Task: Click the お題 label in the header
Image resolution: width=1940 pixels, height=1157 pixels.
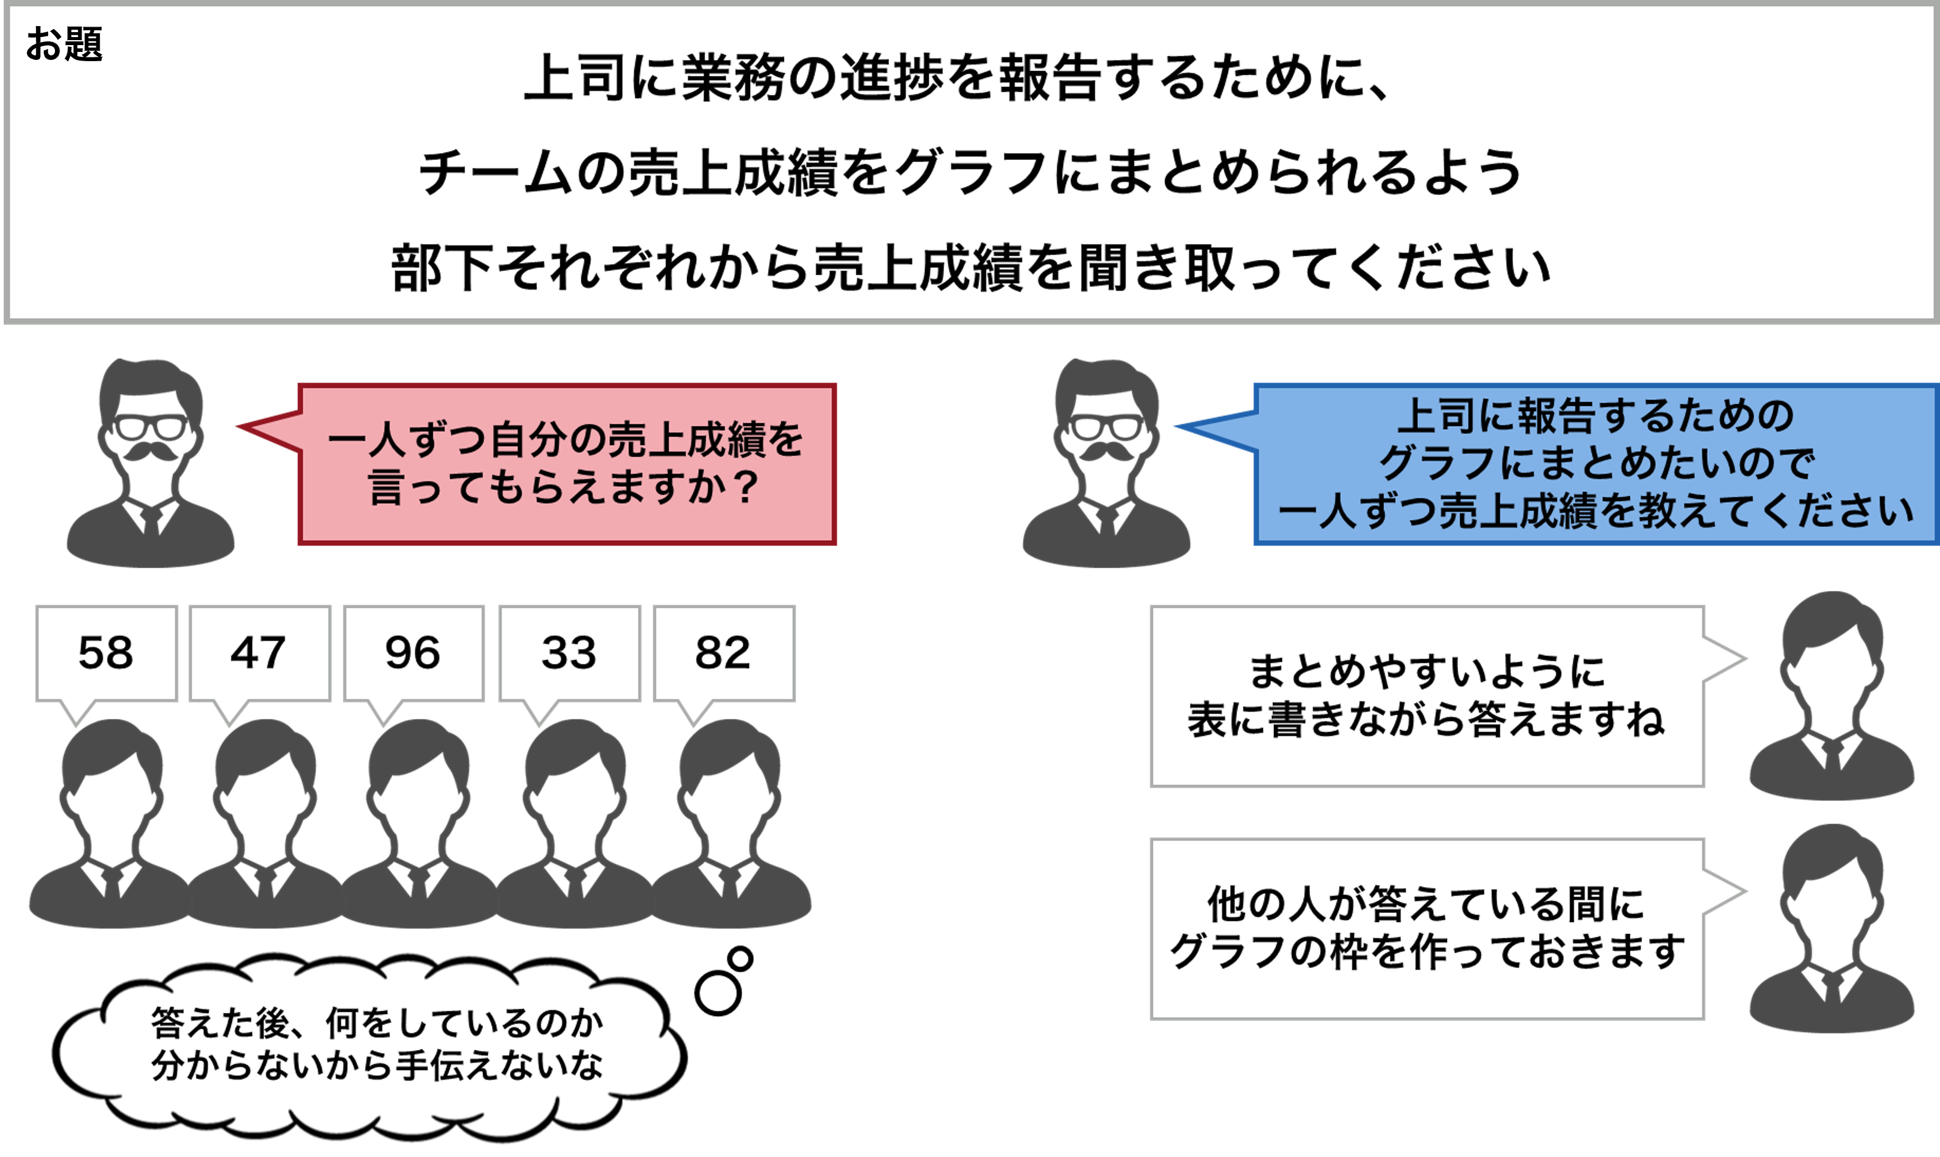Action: coord(64,44)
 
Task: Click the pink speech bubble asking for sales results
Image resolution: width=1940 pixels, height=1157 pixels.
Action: coord(567,464)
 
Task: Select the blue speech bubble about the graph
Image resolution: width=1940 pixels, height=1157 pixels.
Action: coord(1595,464)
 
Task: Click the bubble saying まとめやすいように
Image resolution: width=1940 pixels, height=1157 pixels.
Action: coord(1427,696)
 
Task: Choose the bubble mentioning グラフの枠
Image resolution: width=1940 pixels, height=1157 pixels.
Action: coord(1427,928)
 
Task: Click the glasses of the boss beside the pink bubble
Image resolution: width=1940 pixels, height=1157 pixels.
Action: coord(151,427)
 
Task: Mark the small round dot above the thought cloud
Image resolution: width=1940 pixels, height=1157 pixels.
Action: coord(740,958)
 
